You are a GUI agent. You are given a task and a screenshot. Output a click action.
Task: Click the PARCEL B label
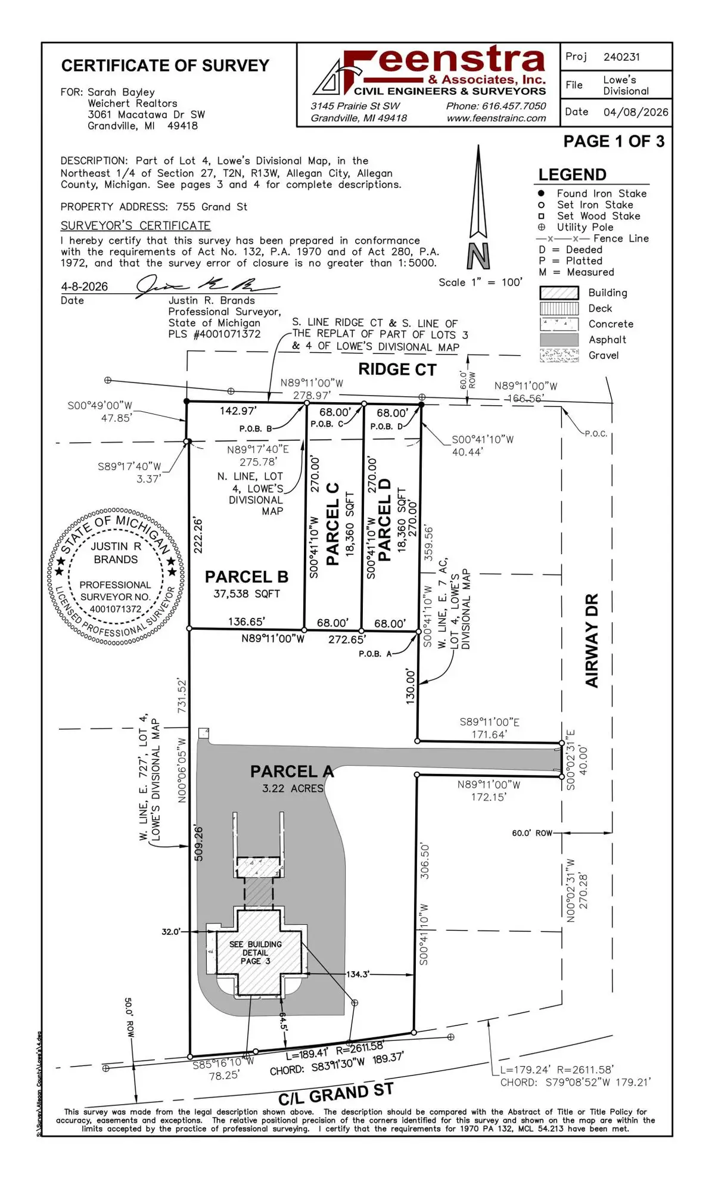pyautogui.click(x=246, y=577)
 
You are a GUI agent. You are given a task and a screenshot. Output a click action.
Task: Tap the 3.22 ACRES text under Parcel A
pyautogui.click(x=293, y=788)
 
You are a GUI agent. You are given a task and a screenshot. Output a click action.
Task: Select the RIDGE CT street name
pyautogui.click(x=397, y=369)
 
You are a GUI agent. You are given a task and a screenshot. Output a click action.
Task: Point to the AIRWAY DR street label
pyautogui.click(x=592, y=641)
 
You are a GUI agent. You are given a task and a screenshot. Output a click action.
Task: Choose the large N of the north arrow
pyautogui.click(x=478, y=257)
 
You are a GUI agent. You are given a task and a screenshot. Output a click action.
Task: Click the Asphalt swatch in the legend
pyautogui.click(x=559, y=340)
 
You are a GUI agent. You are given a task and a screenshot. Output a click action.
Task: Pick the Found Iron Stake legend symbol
pyautogui.click(x=541, y=194)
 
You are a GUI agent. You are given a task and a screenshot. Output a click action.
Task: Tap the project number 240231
pyautogui.click(x=621, y=57)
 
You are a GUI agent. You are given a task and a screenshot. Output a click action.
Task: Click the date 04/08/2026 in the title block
pyautogui.click(x=635, y=112)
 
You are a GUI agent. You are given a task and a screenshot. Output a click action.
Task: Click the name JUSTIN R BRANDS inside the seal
pyautogui.click(x=116, y=553)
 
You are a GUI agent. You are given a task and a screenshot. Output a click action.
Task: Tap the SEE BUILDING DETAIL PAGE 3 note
pyautogui.click(x=256, y=952)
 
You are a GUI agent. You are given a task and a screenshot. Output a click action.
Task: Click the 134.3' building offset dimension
pyautogui.click(x=357, y=974)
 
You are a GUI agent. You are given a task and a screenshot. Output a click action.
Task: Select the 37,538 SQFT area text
pyautogui.click(x=246, y=593)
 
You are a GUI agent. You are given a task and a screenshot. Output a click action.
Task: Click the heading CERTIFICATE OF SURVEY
pyautogui.click(x=165, y=66)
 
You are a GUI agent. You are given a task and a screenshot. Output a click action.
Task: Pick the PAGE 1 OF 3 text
pyautogui.click(x=613, y=141)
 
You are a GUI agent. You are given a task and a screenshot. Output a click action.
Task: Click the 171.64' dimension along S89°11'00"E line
pyautogui.click(x=489, y=734)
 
